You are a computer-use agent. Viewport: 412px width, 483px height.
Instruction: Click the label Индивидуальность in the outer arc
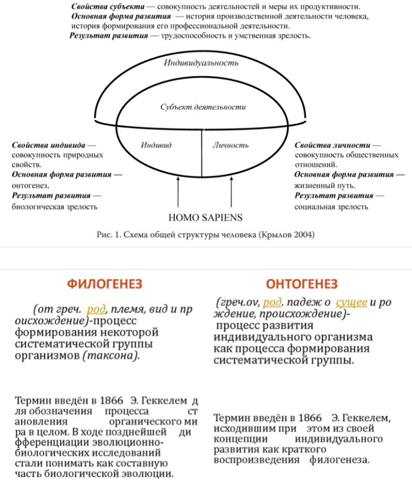(201, 62)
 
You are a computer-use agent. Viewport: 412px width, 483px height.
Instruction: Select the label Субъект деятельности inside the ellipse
(203, 107)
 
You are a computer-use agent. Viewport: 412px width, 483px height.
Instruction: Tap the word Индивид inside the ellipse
(156, 145)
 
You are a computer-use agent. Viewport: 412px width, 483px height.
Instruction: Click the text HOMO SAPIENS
(205, 218)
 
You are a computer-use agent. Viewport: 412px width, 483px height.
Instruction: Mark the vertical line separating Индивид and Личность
(201, 153)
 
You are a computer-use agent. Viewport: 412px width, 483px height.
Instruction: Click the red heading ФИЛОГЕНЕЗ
(105, 284)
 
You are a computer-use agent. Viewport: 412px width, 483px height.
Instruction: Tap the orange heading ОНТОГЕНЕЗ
(301, 284)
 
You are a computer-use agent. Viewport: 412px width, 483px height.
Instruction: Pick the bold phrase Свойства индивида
(50, 145)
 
